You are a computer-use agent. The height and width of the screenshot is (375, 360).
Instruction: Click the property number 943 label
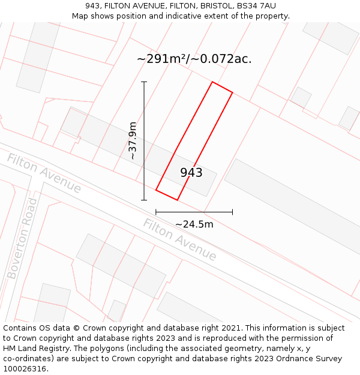pyautogui.click(x=191, y=173)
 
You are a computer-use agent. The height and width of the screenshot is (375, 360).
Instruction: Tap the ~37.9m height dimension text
pyautogui.click(x=133, y=140)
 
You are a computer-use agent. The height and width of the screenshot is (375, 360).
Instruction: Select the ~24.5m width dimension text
pyautogui.click(x=194, y=224)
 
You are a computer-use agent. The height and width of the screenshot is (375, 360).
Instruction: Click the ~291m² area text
pyautogui.click(x=161, y=59)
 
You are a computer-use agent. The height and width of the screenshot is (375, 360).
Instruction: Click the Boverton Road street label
pyautogui.click(x=22, y=239)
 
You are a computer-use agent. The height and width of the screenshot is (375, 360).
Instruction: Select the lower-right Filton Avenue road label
pyautogui.click(x=179, y=239)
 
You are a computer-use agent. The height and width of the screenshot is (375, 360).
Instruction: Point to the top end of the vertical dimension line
pyautogui.click(x=144, y=82)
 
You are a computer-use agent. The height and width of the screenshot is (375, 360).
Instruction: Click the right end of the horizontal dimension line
pyautogui.click(x=233, y=212)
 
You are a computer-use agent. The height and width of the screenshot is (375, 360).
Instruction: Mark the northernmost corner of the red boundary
pyautogui.click(x=212, y=82)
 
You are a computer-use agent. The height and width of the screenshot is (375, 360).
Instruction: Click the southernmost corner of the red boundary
pyautogui.click(x=177, y=200)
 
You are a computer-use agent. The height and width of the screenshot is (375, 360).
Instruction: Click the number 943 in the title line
pyautogui.click(x=93, y=6)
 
